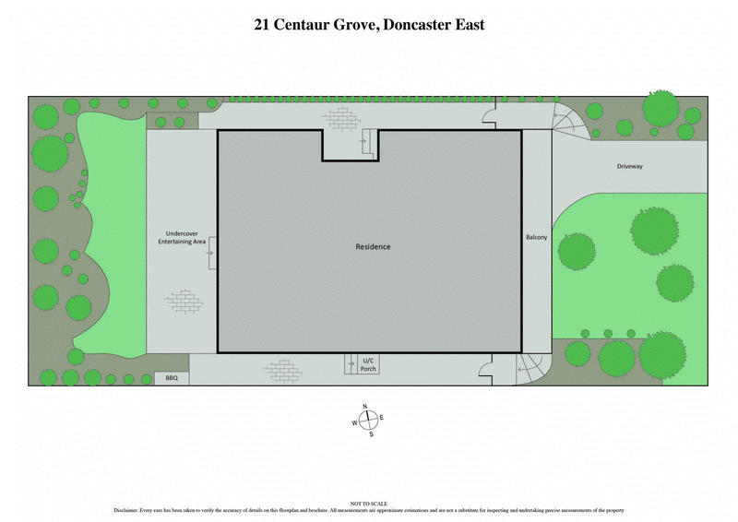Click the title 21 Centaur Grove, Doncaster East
point(369,25)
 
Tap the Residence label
point(374,247)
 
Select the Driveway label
point(630,167)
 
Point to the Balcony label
point(537,238)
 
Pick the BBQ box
point(171,378)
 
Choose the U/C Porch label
point(368,364)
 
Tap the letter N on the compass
point(365,407)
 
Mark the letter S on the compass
point(371,434)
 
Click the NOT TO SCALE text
point(369,503)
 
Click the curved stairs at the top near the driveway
point(566,121)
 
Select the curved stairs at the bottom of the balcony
point(532,369)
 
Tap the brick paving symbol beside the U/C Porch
point(282,371)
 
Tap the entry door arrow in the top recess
point(366,145)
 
